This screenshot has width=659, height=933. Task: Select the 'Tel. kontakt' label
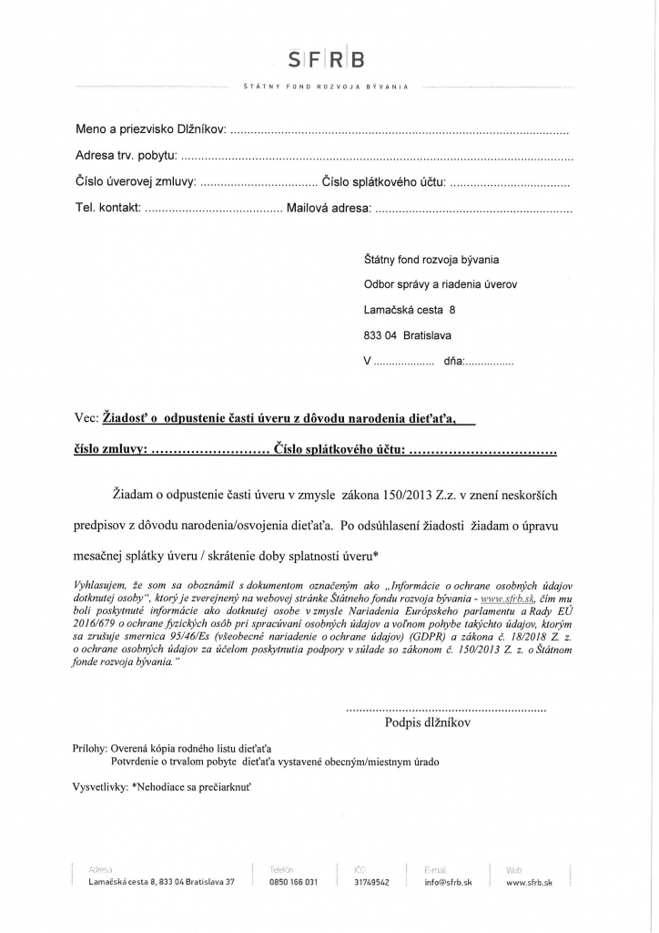(107, 209)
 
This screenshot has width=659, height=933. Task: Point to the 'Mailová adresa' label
(329, 209)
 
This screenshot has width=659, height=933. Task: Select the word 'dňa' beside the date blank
(453, 361)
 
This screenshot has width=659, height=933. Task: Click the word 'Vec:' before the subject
(87, 418)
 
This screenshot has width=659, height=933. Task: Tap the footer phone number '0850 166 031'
(293, 883)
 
